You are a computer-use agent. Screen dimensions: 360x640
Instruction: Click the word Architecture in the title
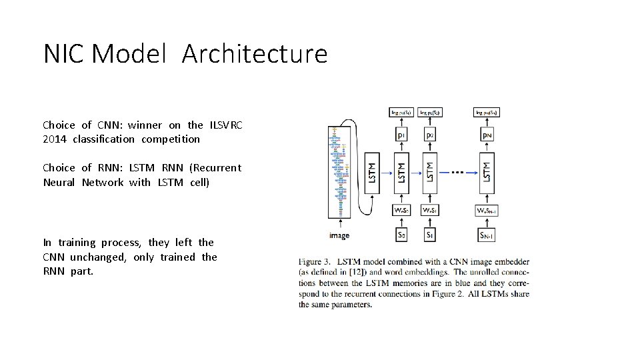coord(254,54)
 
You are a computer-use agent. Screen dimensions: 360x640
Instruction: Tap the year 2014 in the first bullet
coord(55,139)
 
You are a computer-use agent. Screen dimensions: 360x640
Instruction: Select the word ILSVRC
coord(225,125)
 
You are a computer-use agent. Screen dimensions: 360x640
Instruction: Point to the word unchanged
coord(95,257)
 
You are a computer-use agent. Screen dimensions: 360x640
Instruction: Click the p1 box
coord(401,136)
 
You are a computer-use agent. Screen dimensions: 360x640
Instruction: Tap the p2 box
coord(430,136)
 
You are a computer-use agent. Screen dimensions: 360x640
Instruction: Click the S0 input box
coord(401,235)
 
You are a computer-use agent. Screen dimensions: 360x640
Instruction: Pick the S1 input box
coord(430,235)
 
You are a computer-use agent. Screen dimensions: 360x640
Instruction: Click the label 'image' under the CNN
coord(339,235)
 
